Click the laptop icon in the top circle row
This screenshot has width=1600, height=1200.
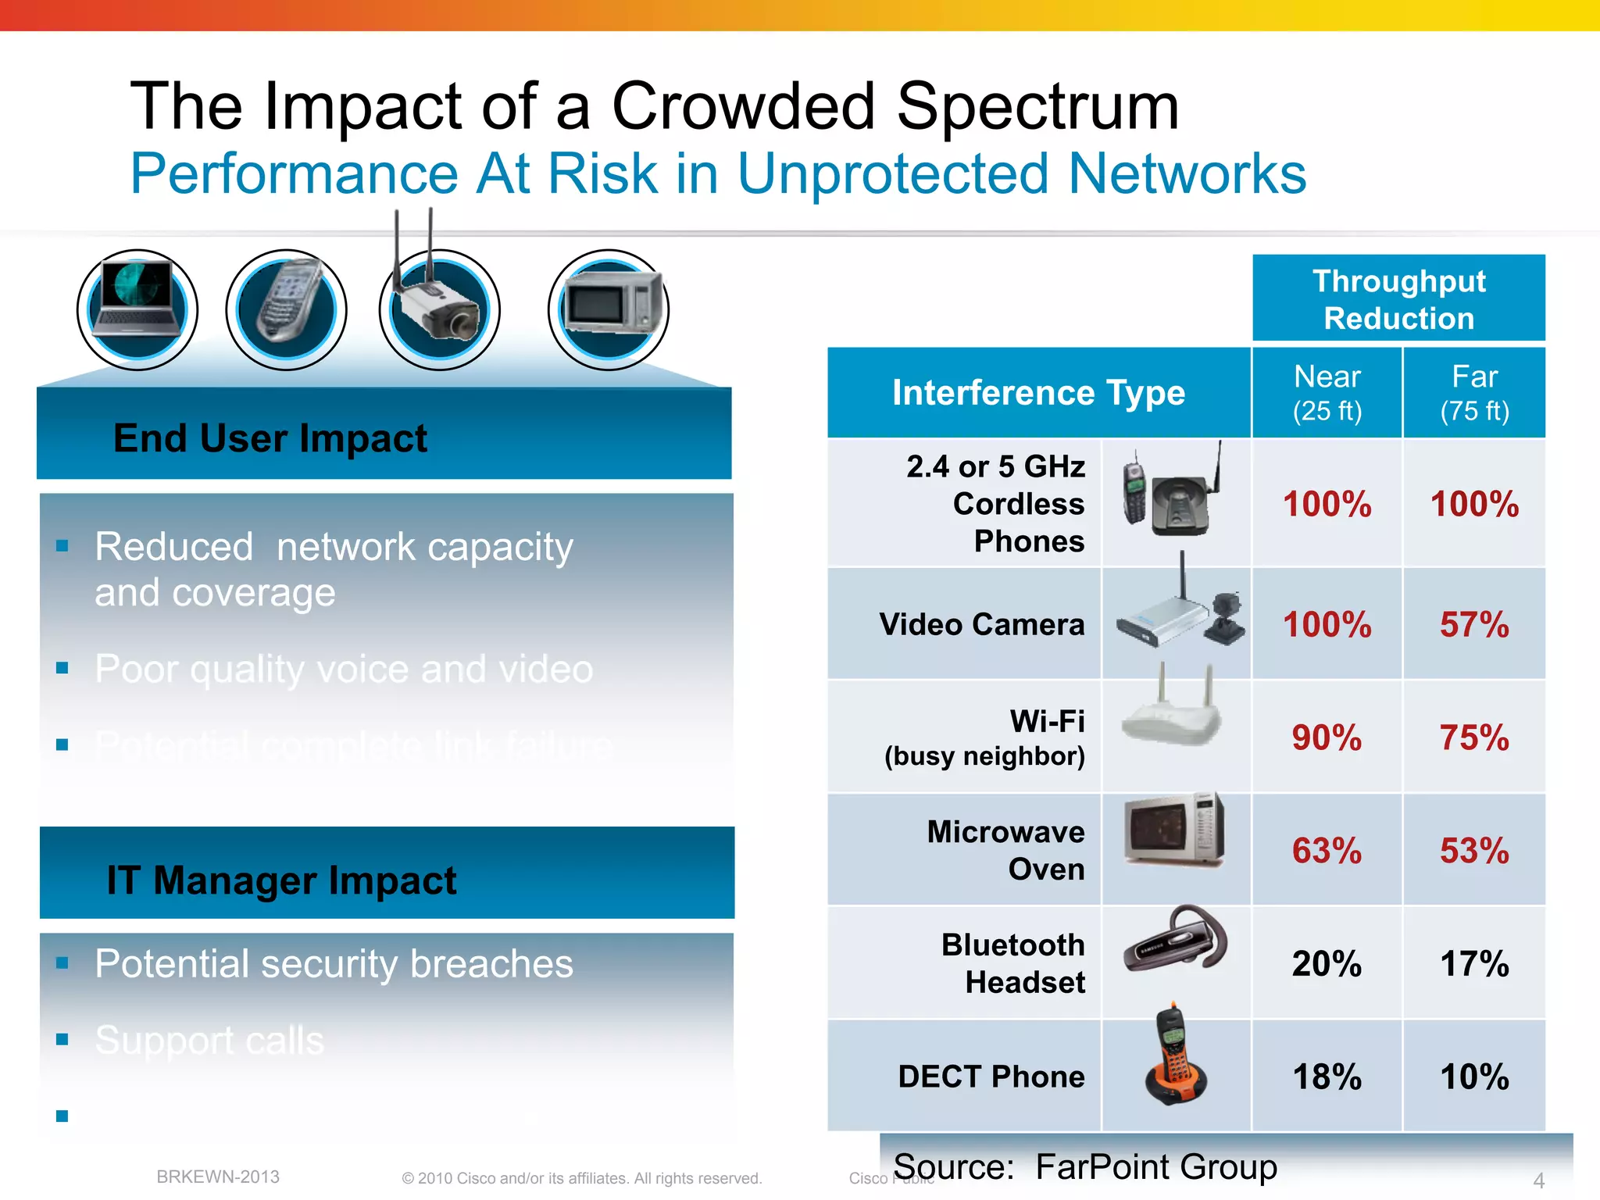[137, 309]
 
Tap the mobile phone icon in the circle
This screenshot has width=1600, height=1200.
[287, 309]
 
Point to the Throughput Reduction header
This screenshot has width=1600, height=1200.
[1398, 299]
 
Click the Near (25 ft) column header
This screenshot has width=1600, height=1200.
[1327, 392]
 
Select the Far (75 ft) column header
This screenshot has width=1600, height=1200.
[1474, 392]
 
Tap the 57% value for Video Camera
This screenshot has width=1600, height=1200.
[1474, 624]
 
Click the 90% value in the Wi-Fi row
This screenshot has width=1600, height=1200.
[1327, 737]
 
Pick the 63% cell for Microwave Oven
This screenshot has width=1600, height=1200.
[1327, 850]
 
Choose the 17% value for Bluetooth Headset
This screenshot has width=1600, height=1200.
[1474, 963]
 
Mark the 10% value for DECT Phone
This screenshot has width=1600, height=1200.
[1474, 1077]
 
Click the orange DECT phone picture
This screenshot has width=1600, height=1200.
[1175, 1056]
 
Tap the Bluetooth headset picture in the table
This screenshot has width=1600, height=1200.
[1175, 941]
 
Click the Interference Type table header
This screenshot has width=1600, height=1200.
[1038, 392]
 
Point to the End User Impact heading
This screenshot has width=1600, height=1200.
[270, 438]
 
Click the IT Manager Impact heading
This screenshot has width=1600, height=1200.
[281, 880]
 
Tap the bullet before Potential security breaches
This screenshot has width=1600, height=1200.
[62, 963]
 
